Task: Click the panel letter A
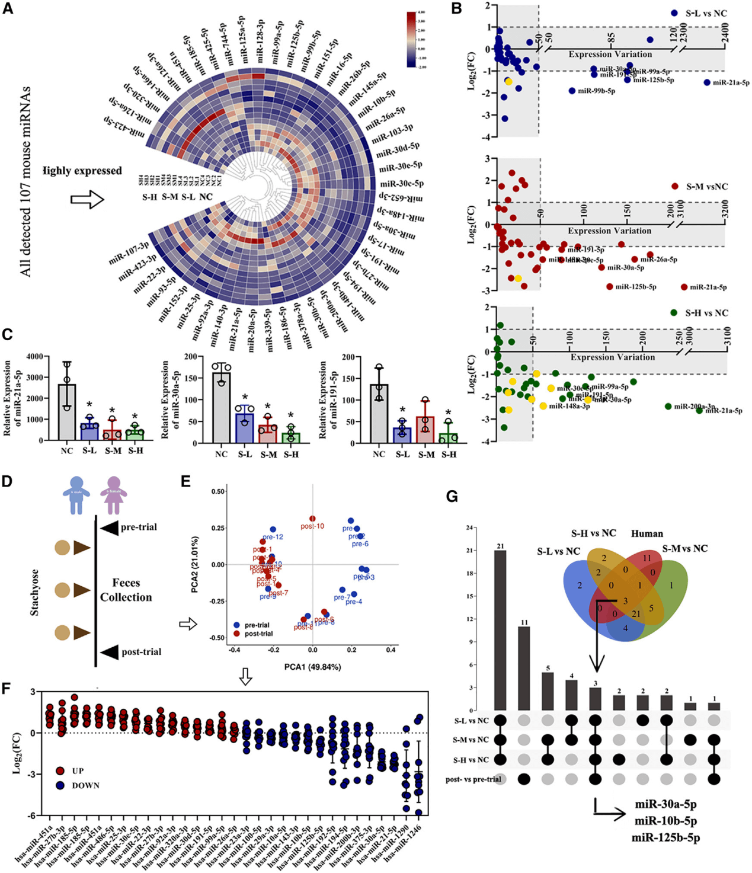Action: pyautogui.click(x=8, y=9)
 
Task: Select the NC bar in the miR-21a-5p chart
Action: pyautogui.click(x=66, y=412)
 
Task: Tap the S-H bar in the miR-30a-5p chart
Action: pyautogui.click(x=291, y=437)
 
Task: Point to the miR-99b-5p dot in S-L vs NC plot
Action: pyautogui.click(x=572, y=91)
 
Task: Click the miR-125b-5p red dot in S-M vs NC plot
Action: pyautogui.click(x=610, y=287)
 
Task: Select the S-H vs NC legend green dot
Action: pyautogui.click(x=674, y=313)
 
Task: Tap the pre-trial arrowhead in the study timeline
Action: pyautogui.click(x=109, y=527)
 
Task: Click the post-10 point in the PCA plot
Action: pyautogui.click(x=312, y=519)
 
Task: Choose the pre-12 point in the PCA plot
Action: pyautogui.click(x=273, y=529)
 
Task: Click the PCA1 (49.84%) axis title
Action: pyautogui.click(x=312, y=667)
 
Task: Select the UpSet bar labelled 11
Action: pyautogui.click(x=524, y=668)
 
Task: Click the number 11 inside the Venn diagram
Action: pyautogui.click(x=647, y=558)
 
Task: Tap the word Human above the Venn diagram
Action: pyautogui.click(x=647, y=533)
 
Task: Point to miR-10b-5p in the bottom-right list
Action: pyautogui.click(x=665, y=821)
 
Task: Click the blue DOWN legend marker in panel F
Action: pyautogui.click(x=60, y=785)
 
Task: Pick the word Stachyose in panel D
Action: pyautogui.click(x=34, y=593)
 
